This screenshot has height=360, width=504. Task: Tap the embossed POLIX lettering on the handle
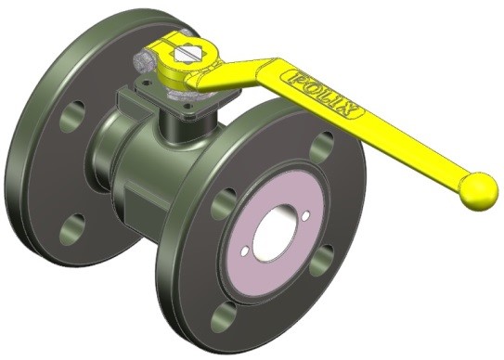click(x=323, y=92)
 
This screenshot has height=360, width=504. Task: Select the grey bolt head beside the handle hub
click(x=143, y=62)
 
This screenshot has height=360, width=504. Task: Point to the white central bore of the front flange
click(x=274, y=232)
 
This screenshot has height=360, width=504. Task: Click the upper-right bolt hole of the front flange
click(x=323, y=146)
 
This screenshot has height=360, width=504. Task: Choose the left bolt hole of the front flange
click(x=224, y=199)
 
